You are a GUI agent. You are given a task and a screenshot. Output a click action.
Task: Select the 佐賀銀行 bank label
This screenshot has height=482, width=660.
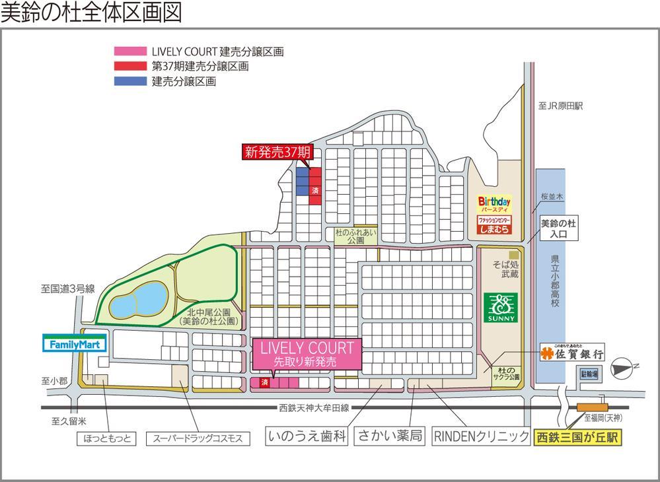click(572, 353)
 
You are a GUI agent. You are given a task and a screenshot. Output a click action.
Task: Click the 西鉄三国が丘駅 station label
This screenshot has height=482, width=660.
click(577, 437)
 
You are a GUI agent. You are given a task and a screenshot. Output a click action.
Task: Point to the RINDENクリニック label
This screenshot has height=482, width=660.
click(481, 436)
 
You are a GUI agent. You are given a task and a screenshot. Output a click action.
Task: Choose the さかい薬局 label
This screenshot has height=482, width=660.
click(390, 436)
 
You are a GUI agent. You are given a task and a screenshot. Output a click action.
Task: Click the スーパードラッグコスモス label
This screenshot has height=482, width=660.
click(198, 438)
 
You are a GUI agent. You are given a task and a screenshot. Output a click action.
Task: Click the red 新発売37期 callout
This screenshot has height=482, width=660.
click(277, 152)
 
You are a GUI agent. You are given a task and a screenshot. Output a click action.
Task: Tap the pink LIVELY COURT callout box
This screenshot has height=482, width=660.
click(306, 354)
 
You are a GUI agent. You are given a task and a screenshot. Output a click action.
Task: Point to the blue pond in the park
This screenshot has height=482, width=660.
click(137, 300)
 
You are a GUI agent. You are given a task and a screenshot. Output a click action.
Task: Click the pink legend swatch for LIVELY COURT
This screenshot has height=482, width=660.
click(130, 52)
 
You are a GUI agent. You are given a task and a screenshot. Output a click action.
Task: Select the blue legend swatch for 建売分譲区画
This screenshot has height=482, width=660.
click(130, 81)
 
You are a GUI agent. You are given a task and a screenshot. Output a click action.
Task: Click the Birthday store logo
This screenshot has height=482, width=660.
click(495, 203)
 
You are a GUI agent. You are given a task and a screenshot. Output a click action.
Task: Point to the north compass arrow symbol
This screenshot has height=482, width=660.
click(622, 364)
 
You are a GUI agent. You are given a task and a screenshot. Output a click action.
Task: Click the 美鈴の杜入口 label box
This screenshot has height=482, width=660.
click(558, 228)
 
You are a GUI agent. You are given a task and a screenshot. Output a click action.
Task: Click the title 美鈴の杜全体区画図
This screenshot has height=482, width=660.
click(91, 13)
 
